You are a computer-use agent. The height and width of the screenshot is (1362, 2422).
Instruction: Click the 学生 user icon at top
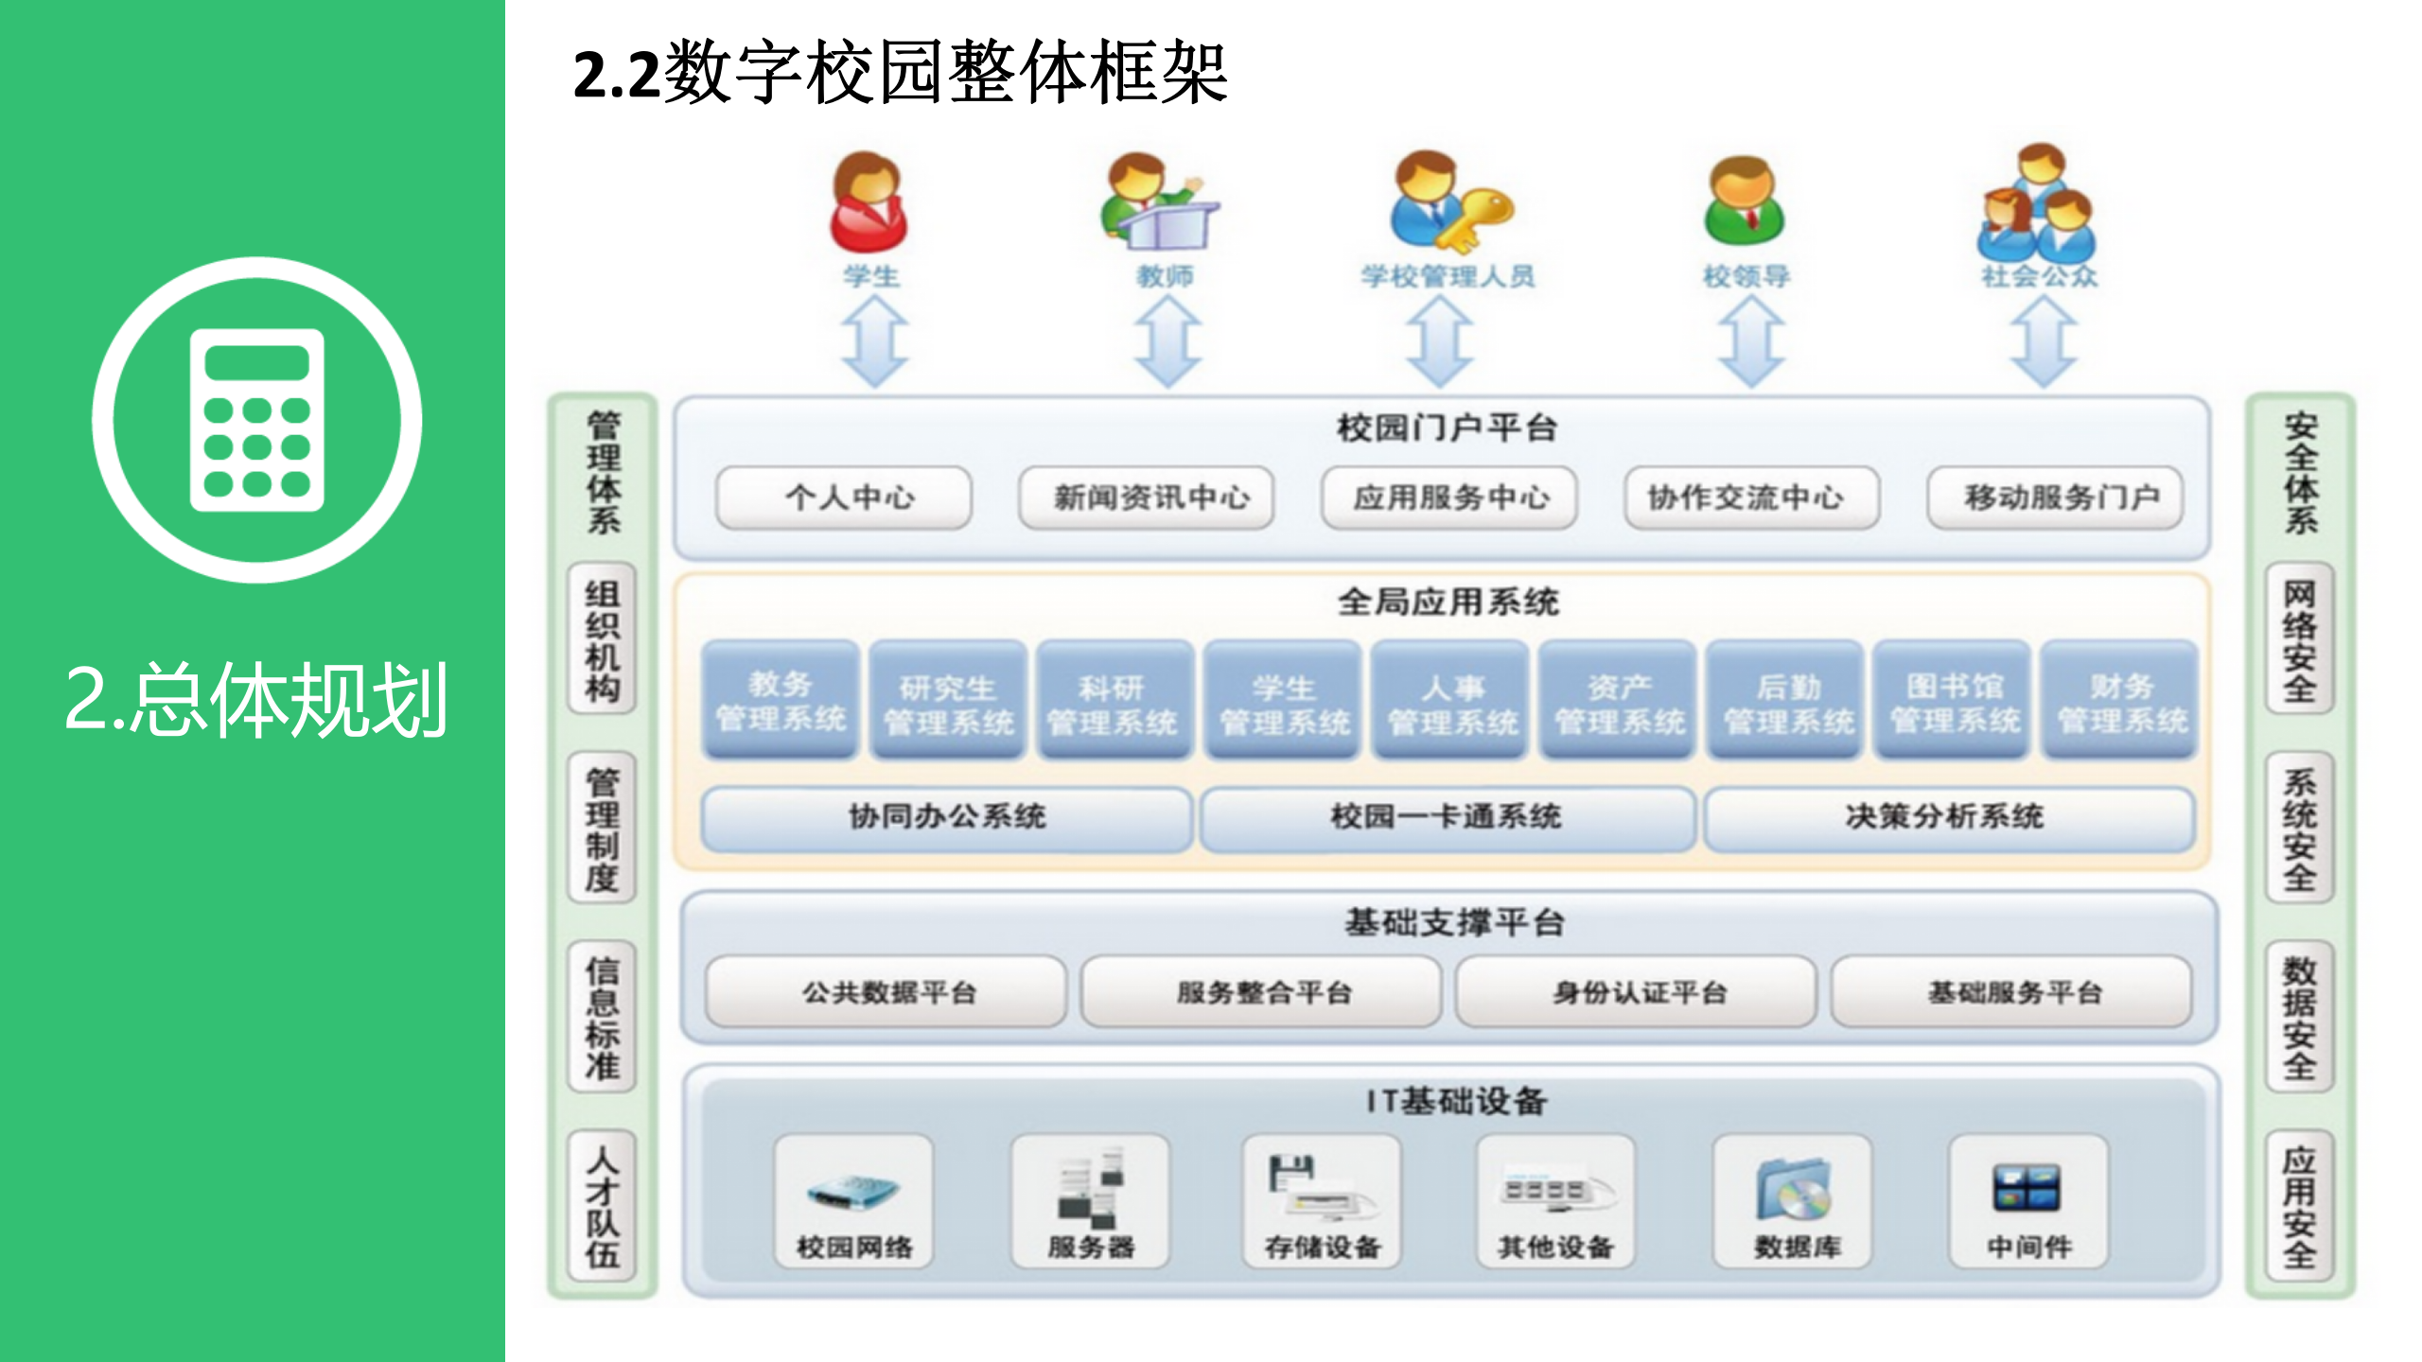click(869, 204)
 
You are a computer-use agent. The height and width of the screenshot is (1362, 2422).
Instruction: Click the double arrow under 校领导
click(1750, 341)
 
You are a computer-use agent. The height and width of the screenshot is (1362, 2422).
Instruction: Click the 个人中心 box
click(844, 498)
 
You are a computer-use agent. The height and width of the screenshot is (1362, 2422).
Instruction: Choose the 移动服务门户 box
click(2055, 498)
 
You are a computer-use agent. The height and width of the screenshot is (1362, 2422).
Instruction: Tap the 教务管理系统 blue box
click(781, 701)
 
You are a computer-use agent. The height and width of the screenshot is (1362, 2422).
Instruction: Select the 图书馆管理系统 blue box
click(1954, 701)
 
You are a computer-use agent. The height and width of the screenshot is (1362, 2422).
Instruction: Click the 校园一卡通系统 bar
click(1447, 817)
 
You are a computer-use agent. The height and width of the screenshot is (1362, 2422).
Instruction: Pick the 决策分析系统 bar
click(1948, 817)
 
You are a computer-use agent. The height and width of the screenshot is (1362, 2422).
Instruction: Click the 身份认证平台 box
click(1636, 992)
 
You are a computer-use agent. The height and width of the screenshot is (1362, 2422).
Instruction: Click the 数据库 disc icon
click(1795, 1192)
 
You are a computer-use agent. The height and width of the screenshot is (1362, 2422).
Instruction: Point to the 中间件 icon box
click(2027, 1201)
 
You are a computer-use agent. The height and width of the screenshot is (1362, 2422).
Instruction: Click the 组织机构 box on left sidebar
click(603, 640)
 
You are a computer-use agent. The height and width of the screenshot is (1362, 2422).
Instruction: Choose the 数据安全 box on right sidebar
click(2299, 1017)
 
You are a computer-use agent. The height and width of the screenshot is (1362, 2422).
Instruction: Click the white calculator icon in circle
click(257, 420)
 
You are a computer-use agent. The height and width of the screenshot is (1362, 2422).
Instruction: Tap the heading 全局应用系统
click(1447, 602)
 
